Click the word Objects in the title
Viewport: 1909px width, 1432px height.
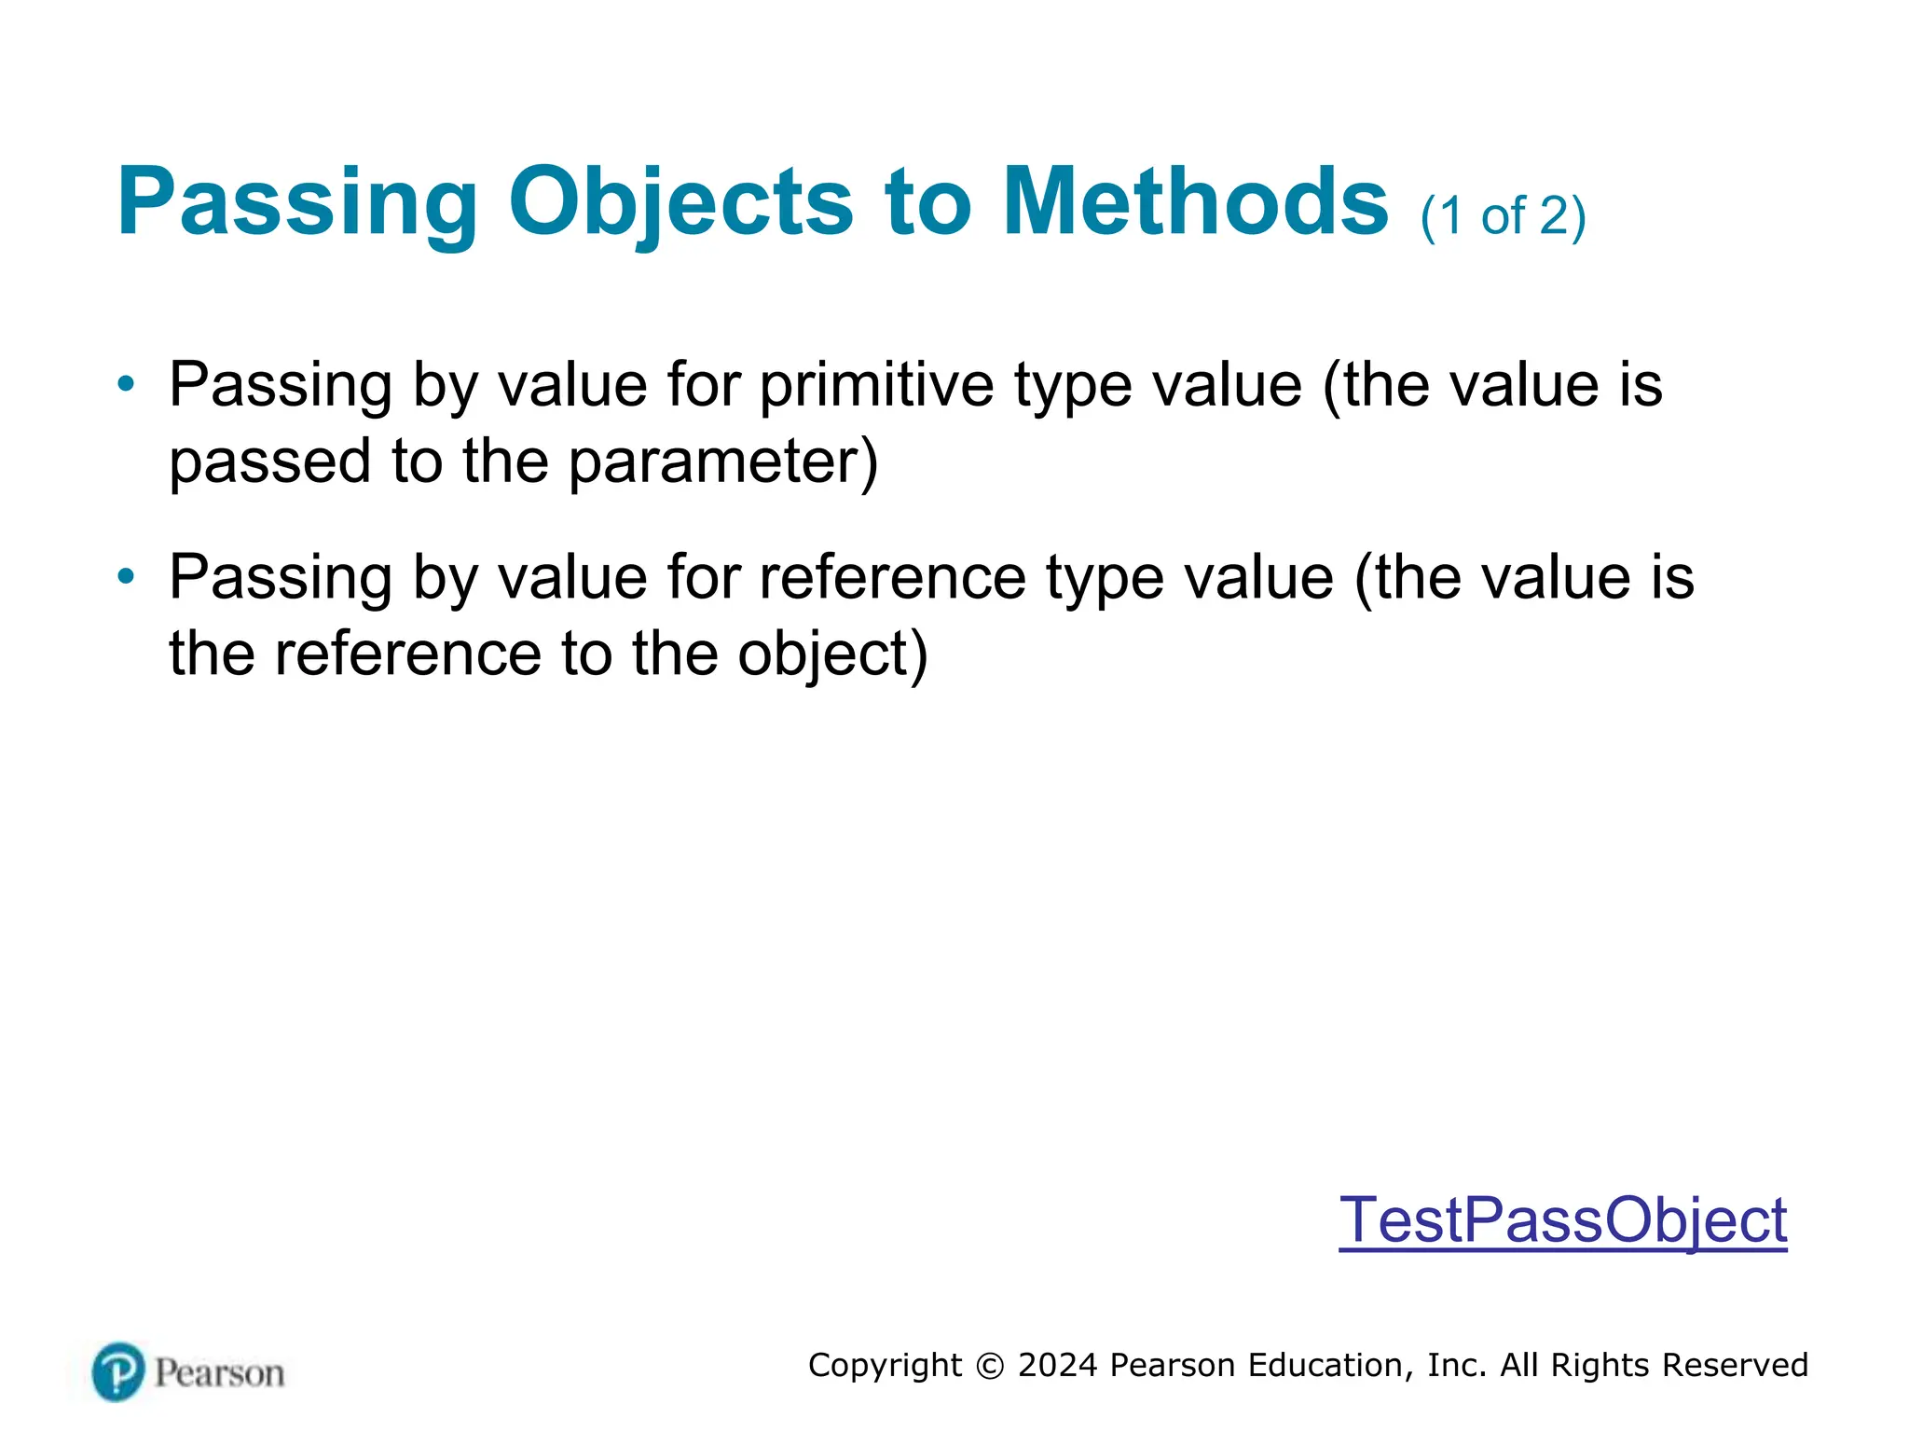(680, 202)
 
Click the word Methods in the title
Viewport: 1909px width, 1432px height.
(1196, 202)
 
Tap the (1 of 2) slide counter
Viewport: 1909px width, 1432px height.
(1503, 216)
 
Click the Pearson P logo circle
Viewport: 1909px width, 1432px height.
(118, 1371)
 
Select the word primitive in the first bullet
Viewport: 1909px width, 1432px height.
(876, 384)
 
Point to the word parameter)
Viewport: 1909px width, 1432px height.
(723, 461)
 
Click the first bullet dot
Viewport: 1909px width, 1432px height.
(126, 383)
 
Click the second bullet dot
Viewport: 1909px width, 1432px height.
(126, 576)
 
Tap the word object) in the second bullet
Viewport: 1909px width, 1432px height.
(832, 654)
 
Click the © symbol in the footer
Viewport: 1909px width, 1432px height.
(990, 1366)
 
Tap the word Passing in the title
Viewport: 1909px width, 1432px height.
(296, 202)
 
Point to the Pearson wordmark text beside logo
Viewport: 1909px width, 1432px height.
(219, 1373)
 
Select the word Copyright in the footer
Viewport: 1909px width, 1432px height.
(885, 1365)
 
